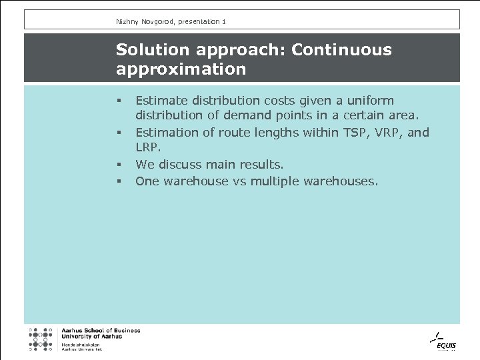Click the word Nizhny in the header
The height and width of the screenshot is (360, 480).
pos(126,22)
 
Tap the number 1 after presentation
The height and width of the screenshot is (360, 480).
pos(224,22)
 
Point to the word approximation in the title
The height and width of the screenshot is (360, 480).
pos(181,69)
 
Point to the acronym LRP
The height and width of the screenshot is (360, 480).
pos(148,149)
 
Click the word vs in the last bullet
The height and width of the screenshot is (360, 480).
pos(239,181)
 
